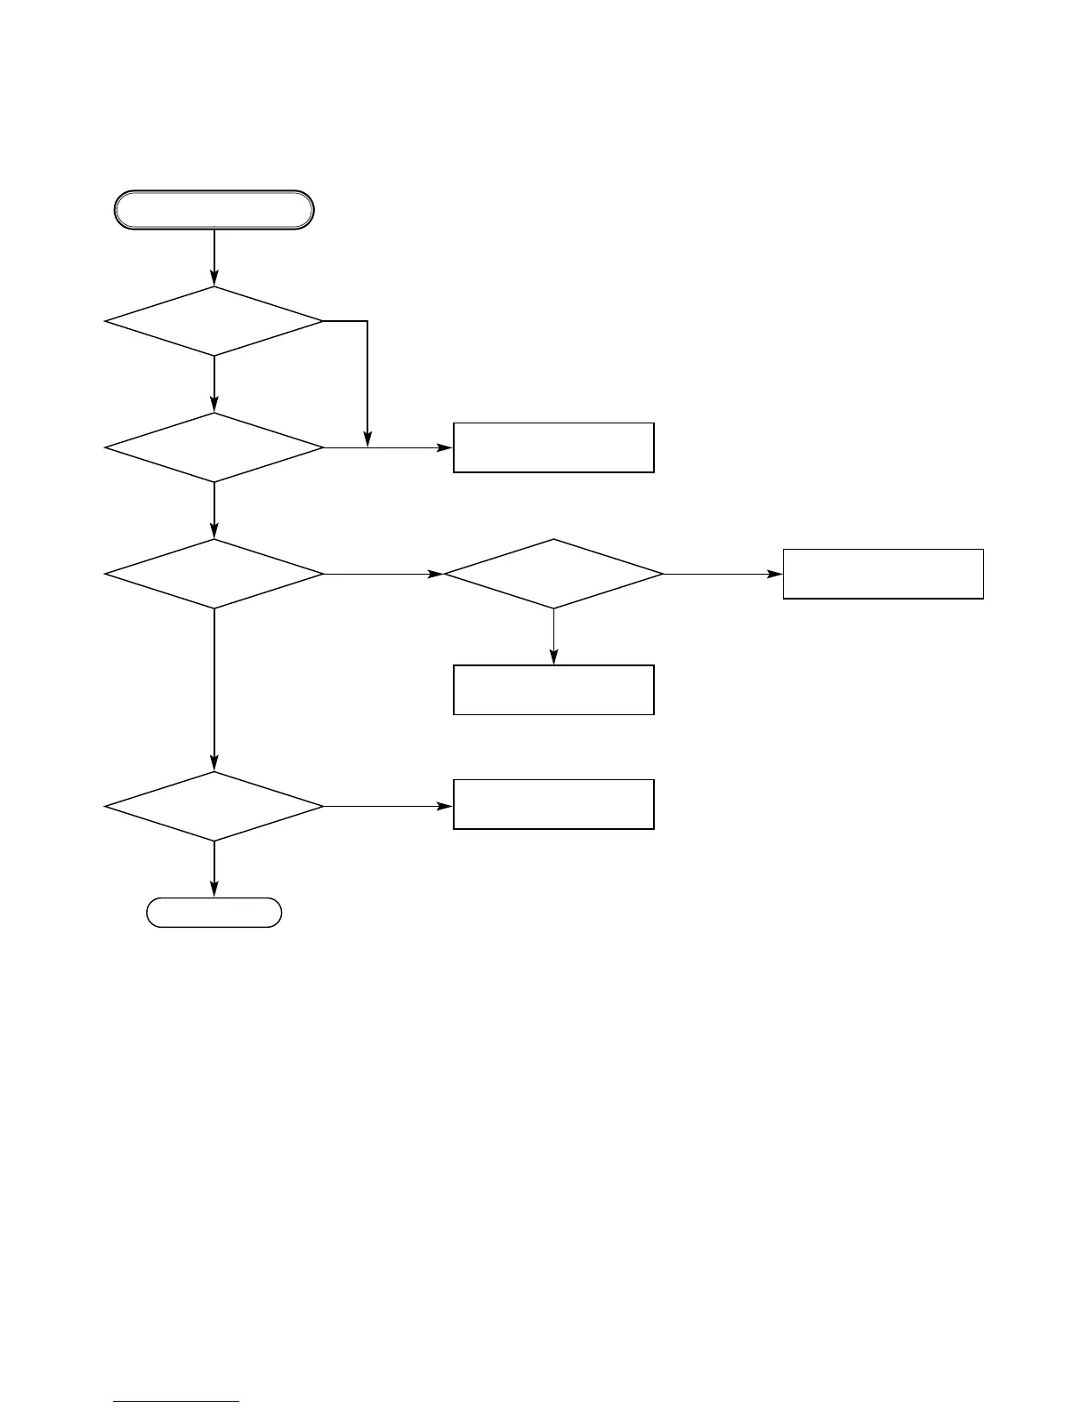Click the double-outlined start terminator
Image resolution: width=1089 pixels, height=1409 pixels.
click(x=214, y=210)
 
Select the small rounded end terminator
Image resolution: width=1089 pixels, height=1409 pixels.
click(x=214, y=913)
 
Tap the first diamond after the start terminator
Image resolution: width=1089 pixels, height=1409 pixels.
click(x=214, y=321)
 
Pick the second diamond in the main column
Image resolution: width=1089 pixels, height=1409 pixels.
click(x=214, y=447)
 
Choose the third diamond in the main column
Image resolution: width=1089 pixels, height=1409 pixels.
click(x=214, y=574)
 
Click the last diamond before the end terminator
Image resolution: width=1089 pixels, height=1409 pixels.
click(x=214, y=806)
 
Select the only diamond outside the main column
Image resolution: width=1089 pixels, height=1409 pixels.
click(x=553, y=574)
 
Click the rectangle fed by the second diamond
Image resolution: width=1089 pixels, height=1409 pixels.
click(x=553, y=447)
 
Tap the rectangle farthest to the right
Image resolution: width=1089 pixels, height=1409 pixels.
click(x=883, y=574)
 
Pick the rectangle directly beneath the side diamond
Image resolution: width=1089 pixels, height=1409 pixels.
click(x=553, y=689)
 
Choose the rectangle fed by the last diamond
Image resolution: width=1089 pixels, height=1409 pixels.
click(x=553, y=805)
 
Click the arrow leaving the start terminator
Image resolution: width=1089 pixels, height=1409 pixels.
click(x=214, y=257)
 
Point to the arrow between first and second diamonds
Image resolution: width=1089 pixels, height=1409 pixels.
click(x=214, y=384)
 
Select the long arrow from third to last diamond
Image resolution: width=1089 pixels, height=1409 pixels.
click(x=214, y=689)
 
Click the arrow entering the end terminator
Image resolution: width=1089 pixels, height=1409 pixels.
click(x=214, y=869)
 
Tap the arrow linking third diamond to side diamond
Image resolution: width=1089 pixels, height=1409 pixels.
click(x=383, y=574)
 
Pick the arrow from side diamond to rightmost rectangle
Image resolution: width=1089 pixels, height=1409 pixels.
click(x=722, y=574)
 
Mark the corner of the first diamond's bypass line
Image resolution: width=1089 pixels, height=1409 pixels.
click(x=367, y=321)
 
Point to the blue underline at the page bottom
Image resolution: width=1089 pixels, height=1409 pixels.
click(x=176, y=1402)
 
